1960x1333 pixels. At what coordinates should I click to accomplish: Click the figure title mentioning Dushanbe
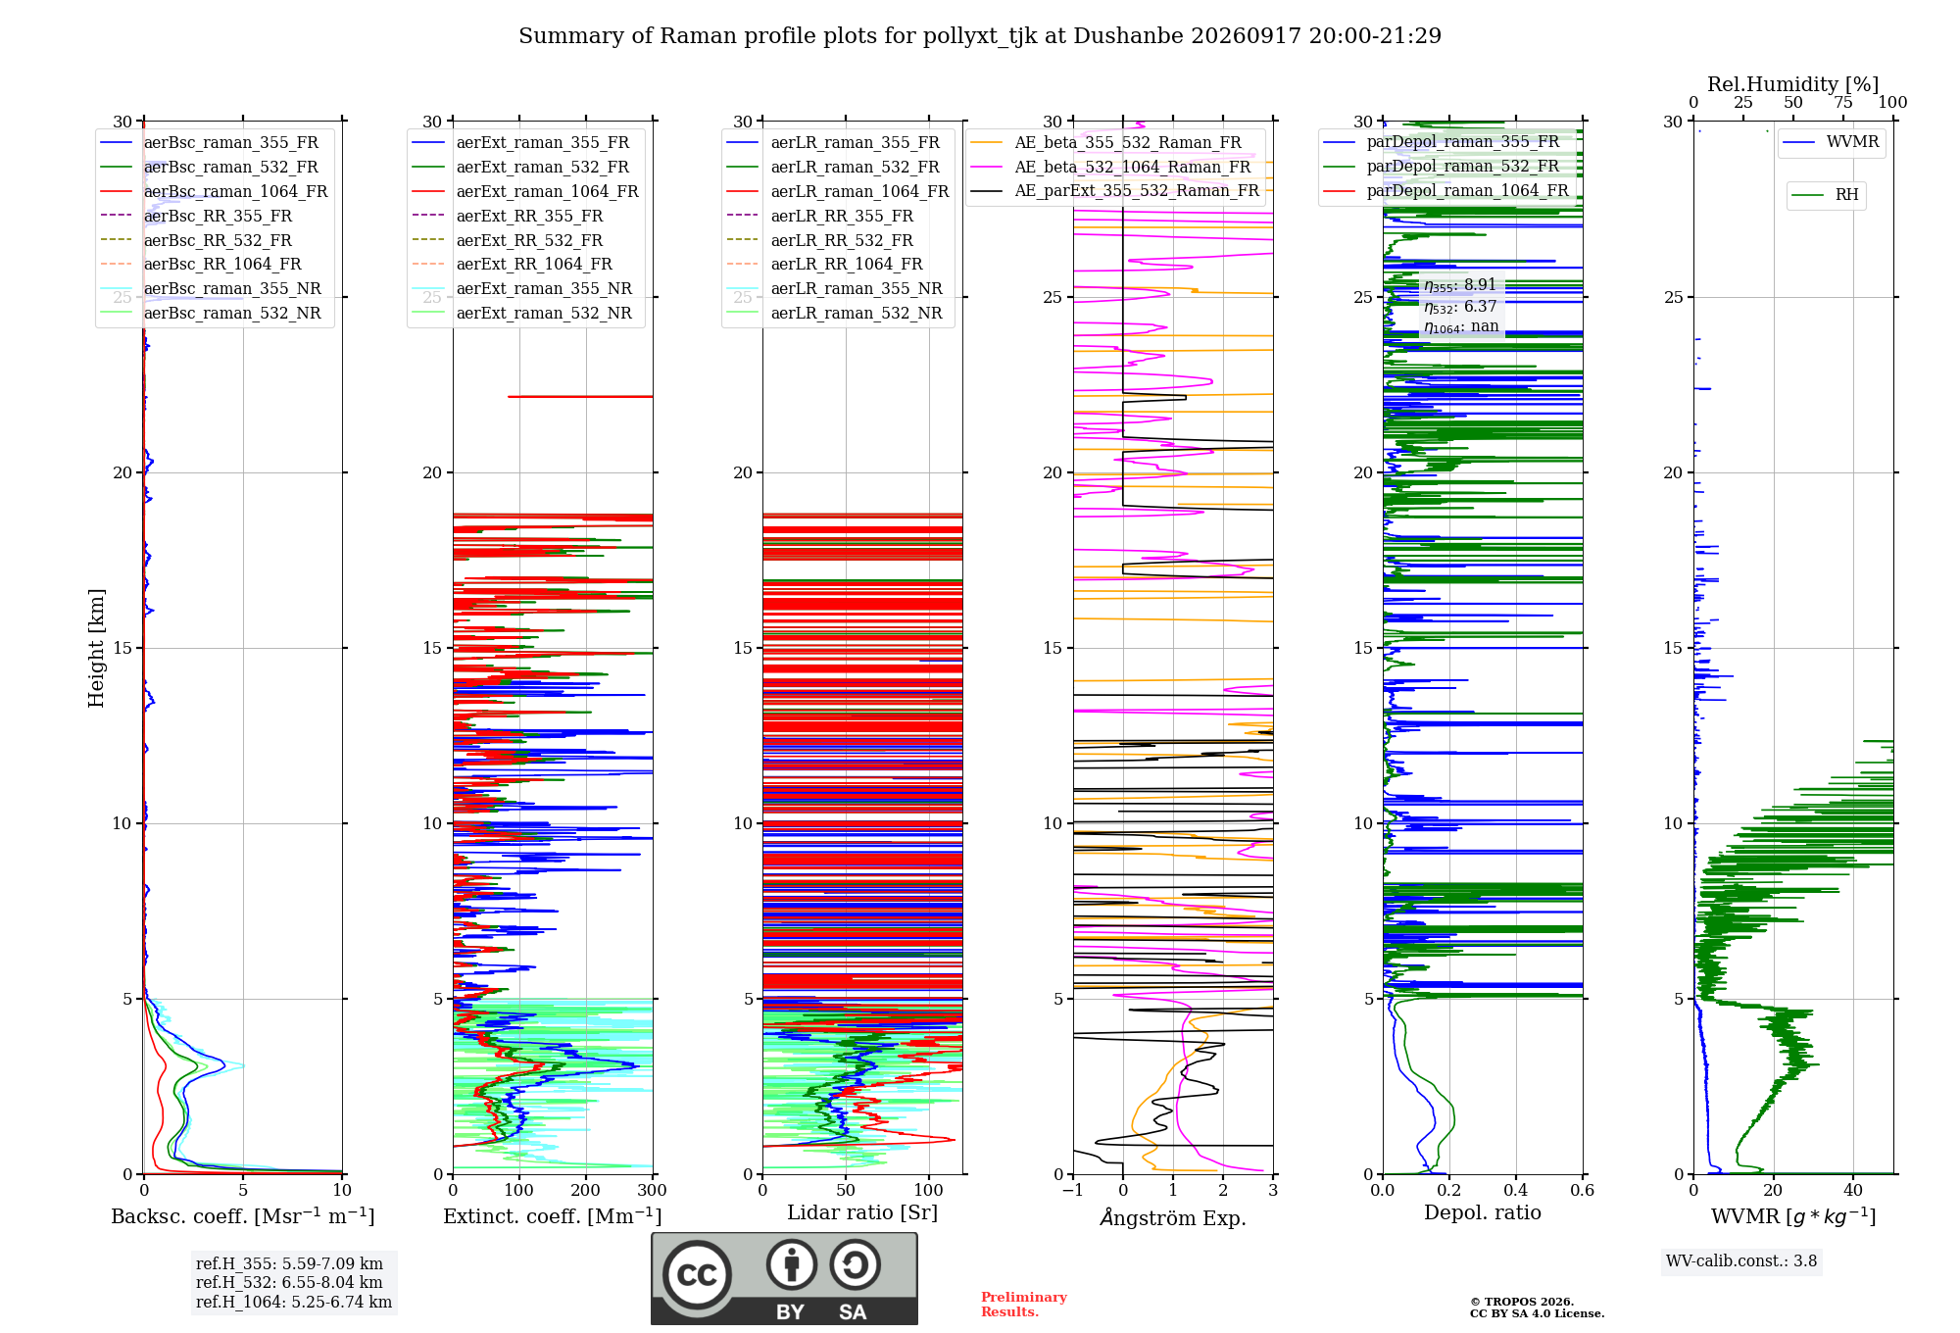(x=980, y=36)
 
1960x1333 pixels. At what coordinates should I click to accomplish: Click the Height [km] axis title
(x=96, y=648)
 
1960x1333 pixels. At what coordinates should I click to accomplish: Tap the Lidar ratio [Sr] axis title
(x=862, y=1212)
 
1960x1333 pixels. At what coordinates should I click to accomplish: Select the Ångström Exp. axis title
(x=1173, y=1217)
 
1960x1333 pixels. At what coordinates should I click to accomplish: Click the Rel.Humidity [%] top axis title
(x=1793, y=84)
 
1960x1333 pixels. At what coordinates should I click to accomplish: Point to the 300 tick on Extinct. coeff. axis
(x=653, y=1190)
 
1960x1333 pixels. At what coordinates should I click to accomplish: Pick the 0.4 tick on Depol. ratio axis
(x=1515, y=1190)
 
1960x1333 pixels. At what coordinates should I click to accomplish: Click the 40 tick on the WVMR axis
(x=1853, y=1190)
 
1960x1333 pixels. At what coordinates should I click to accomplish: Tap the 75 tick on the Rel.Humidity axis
(x=1843, y=102)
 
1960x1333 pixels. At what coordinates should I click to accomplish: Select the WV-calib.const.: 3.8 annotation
(x=1741, y=1261)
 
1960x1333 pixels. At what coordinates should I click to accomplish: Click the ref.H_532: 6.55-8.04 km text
(x=289, y=1282)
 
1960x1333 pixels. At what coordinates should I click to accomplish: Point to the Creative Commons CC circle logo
(x=697, y=1274)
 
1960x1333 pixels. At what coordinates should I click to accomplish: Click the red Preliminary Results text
(x=1024, y=1304)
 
